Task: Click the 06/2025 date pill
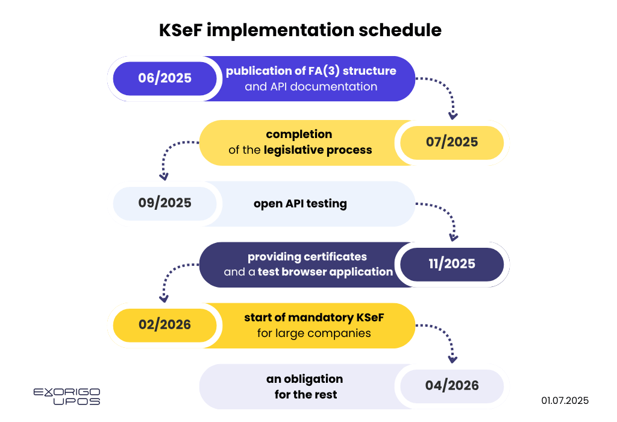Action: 164,78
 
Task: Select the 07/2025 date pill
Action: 452,142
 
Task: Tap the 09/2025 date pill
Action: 164,204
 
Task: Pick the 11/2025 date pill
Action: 452,264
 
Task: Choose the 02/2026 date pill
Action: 164,325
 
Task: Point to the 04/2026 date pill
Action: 452,386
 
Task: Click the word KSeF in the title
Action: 180,30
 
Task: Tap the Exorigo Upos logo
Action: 67,397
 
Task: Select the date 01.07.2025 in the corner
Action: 565,401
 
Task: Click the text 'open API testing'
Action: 300,204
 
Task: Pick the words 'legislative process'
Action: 318,150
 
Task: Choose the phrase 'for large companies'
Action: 314,333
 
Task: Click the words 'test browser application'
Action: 325,272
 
